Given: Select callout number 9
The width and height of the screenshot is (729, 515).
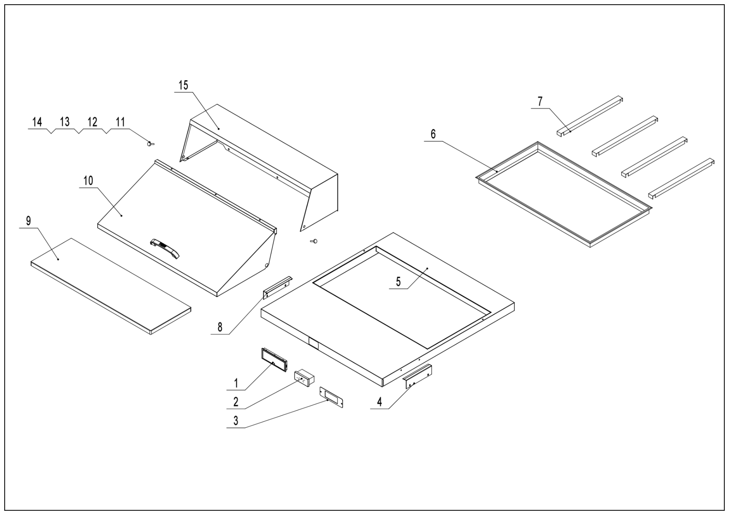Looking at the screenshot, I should coord(29,221).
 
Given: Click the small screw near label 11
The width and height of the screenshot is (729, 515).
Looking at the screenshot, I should coord(150,144).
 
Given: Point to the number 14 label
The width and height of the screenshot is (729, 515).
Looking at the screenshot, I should coord(37,122).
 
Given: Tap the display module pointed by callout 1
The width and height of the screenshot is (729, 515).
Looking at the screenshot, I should coord(274,360).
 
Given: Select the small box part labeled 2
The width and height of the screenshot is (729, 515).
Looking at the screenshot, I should coord(304,378).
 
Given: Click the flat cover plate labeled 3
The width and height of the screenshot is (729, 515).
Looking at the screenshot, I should coord(331,397).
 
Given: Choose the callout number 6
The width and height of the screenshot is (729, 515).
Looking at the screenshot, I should coord(433,134).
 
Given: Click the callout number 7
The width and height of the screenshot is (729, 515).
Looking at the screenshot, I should coord(540,102).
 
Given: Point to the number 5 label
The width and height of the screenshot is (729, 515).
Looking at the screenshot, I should coord(398,282).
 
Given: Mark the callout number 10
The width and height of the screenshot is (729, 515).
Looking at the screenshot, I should coord(88,181).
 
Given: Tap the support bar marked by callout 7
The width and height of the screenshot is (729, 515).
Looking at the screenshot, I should coord(589,115).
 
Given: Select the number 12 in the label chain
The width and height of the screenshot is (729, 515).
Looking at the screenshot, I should coord(92,122).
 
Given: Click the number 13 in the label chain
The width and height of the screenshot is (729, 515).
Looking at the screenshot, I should coord(65,122).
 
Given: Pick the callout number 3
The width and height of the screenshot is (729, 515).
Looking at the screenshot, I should coord(236,421).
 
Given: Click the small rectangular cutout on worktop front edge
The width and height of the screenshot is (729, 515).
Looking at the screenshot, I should coord(313,344).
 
